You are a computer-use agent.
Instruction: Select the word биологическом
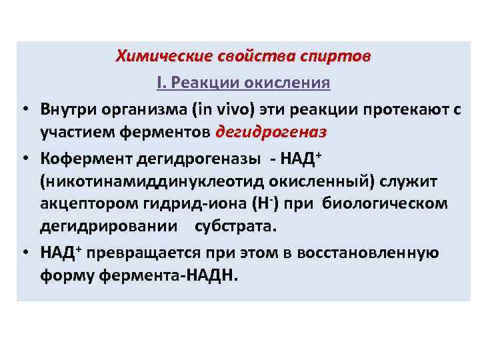click(x=385, y=203)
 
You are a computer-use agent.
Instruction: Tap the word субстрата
click(x=235, y=226)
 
